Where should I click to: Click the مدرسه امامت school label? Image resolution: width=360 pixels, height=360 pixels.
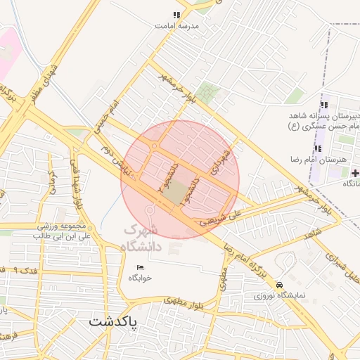pyautogui.click(x=177, y=25)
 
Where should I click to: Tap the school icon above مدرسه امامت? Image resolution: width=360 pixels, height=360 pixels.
pyautogui.click(x=177, y=14)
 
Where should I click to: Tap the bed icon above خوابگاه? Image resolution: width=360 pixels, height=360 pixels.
pyautogui.click(x=140, y=267)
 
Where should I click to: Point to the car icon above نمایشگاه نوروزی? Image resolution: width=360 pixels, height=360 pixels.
pyautogui.click(x=281, y=285)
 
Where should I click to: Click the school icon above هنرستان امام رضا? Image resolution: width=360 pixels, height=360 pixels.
pyautogui.click(x=319, y=148)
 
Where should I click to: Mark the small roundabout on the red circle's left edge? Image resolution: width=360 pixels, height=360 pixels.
pyautogui.click(x=154, y=146)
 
